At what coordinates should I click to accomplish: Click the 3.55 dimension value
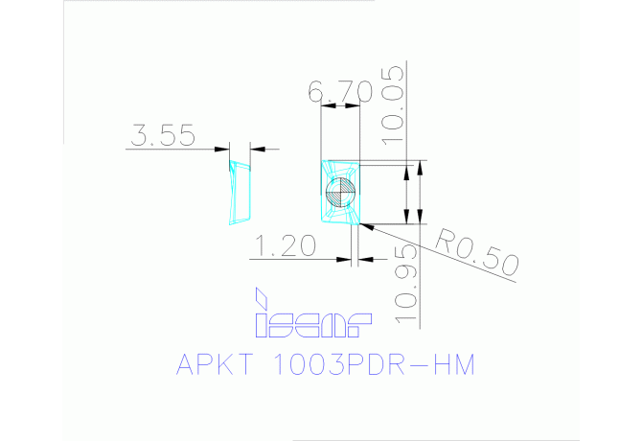163,135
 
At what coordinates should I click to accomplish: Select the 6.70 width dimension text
341,91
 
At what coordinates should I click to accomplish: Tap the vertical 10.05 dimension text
393,105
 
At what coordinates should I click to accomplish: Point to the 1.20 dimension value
285,245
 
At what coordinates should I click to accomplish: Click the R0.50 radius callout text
476,253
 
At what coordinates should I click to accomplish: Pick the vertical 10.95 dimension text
406,284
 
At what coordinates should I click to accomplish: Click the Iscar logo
313,313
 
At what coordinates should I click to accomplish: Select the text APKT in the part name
215,364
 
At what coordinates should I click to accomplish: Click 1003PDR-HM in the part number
373,364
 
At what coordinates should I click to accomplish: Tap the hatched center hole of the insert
340,192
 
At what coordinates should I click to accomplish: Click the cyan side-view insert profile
240,192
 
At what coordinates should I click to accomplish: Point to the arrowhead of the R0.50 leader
367,226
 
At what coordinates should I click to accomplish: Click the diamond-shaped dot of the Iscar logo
262,298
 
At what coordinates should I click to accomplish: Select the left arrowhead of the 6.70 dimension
329,105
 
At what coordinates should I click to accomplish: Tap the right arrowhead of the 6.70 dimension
353,105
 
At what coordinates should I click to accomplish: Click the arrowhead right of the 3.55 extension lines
258,149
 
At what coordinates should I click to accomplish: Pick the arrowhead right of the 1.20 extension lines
366,259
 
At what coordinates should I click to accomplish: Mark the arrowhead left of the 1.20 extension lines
344,259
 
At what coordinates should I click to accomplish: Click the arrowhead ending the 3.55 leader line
222,149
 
